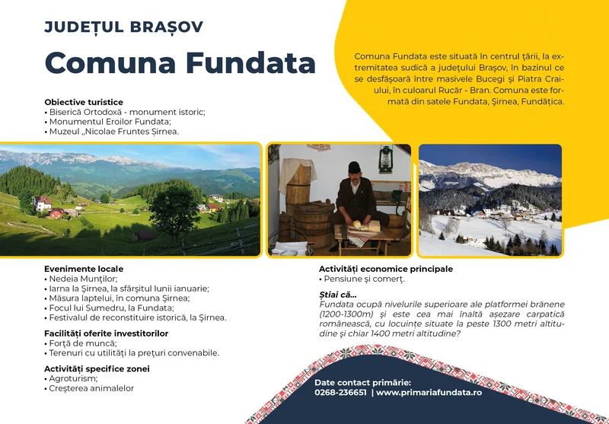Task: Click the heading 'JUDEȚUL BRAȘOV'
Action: [123, 27]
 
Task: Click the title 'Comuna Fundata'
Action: [180, 62]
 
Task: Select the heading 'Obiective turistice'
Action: [84, 102]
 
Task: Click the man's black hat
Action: [354, 167]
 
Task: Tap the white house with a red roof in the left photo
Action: [43, 202]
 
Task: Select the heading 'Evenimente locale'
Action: [84, 269]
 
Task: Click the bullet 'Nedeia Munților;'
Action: [81, 279]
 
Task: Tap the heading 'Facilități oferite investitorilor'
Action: [107, 333]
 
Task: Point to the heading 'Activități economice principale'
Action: [385, 269]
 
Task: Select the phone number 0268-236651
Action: [340, 393]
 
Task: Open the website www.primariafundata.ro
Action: [429, 393]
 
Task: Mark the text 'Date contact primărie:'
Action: [362, 382]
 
